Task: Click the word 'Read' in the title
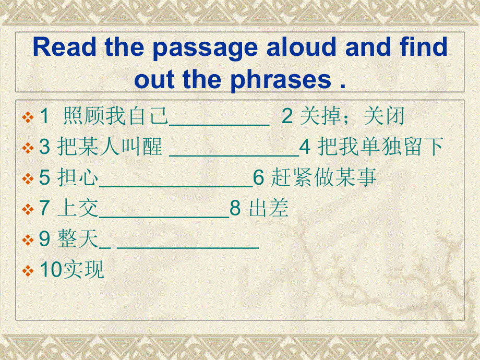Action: click(65, 47)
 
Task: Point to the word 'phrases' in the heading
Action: click(280, 80)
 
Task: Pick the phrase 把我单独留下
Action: click(381, 148)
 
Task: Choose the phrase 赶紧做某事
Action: click(324, 178)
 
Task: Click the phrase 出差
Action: click(269, 209)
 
